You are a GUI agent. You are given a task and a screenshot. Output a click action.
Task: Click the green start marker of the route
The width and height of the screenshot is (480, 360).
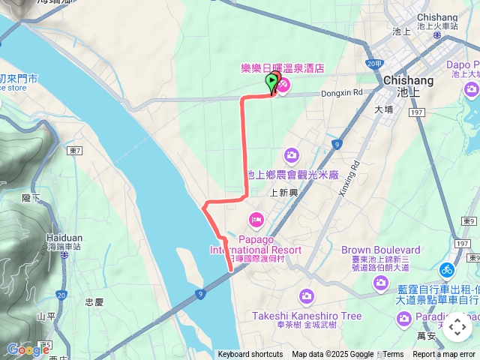coord(271,83)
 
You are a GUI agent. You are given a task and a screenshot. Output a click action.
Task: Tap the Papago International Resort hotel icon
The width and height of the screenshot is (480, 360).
coord(255,218)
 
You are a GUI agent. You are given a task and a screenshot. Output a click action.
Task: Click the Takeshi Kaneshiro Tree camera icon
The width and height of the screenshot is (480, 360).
coord(305,296)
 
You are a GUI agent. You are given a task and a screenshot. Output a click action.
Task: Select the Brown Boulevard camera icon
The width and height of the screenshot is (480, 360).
coord(381,282)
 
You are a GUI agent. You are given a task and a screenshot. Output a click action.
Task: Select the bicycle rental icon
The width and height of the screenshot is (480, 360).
coord(447,269)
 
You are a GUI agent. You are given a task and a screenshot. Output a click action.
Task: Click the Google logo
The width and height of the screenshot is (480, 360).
coord(28,349)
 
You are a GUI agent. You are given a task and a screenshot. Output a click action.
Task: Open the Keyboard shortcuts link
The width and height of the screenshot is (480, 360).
coord(250,355)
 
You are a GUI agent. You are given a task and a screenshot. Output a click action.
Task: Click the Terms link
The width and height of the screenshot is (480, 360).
coord(394,355)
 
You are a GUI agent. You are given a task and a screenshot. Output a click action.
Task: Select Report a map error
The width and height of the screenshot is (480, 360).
coord(444,355)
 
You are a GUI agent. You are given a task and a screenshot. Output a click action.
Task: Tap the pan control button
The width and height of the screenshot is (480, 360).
coord(457,328)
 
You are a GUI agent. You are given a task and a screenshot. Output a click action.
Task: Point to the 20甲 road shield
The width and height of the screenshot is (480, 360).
coord(374,64)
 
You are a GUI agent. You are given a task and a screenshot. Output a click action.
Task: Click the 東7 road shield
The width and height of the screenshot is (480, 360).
coord(73,151)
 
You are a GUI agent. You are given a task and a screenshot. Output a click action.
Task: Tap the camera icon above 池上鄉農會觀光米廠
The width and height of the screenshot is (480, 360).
coord(291,155)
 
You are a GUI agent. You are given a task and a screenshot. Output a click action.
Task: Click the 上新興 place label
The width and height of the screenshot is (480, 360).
coord(284,192)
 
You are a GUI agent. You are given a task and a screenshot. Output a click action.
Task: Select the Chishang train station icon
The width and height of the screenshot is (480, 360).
coord(437,34)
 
